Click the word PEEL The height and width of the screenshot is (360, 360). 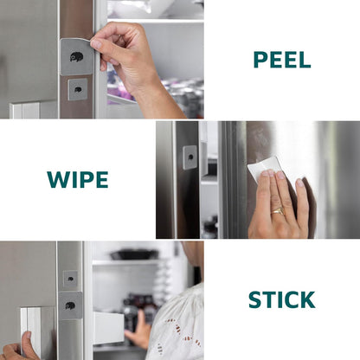[282, 60]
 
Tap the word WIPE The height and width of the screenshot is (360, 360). [78, 179]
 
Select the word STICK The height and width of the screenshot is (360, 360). [281, 300]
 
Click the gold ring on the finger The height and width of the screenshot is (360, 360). [278, 211]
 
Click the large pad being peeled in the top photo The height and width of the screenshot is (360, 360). [76, 56]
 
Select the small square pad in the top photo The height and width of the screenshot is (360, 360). [78, 89]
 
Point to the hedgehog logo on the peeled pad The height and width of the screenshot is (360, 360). [76, 56]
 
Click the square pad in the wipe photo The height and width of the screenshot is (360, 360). [190, 157]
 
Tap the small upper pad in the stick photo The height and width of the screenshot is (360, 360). [70, 279]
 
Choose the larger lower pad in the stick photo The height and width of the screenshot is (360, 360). [70, 305]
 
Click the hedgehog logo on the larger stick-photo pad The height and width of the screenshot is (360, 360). [70, 305]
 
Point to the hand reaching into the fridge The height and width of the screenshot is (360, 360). [138, 331]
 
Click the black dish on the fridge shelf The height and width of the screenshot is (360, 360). [134, 254]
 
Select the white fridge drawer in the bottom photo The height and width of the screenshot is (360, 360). [108, 328]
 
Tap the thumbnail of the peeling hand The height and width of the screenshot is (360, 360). [96, 44]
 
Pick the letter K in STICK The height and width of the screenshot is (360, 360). [307, 300]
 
